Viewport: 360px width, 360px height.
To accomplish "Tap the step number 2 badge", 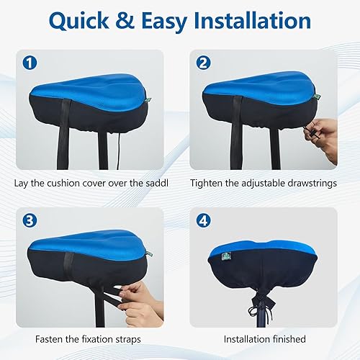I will pyautogui.click(x=202, y=62).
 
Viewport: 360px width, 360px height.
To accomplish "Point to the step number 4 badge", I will pyautogui.click(x=202, y=220).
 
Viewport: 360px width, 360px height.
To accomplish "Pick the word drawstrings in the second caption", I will pyautogui.click(x=310, y=182).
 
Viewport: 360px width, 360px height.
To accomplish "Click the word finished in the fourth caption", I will pyautogui.click(x=287, y=338).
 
